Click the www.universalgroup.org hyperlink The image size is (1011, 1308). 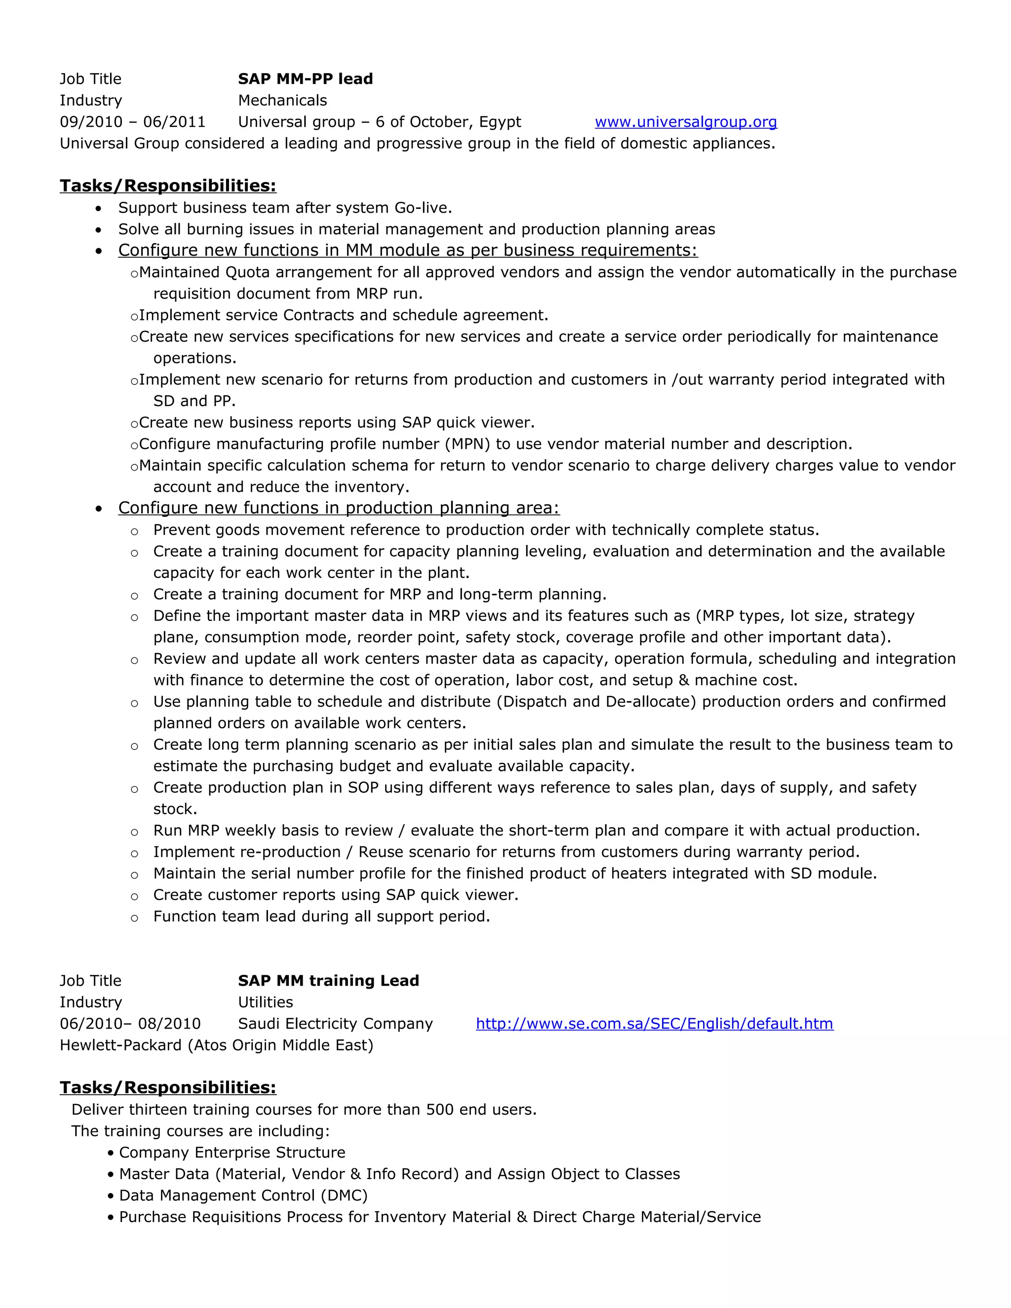686,122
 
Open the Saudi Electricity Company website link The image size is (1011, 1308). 654,1024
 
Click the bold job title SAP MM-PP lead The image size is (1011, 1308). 306,79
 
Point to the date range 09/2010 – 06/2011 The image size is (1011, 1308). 132,122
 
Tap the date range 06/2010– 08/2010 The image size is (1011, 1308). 130,1024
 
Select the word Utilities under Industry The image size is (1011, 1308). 265,1002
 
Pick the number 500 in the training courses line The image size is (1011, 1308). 440,1110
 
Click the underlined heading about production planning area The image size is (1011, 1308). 338,508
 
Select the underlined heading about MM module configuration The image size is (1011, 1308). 407,250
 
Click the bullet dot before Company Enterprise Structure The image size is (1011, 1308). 111,1153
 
